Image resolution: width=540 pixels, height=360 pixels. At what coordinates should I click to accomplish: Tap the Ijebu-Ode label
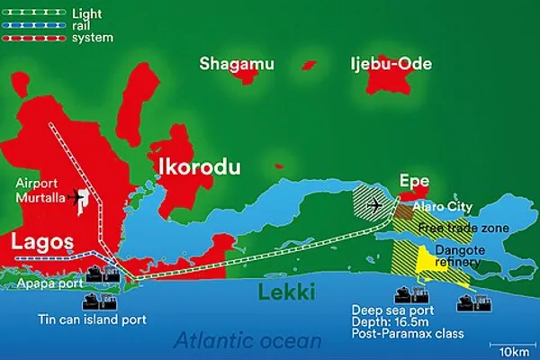click(x=391, y=63)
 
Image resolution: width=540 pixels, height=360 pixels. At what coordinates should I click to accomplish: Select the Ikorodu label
click(x=193, y=166)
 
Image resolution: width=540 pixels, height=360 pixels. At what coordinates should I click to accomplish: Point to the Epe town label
click(x=416, y=180)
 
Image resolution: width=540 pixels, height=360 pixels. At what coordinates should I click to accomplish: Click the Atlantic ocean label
click(x=247, y=340)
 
